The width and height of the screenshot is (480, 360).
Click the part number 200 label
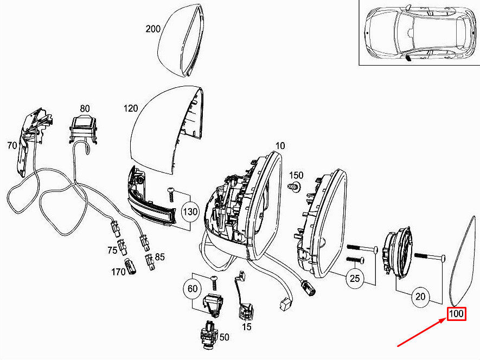[x=153, y=29]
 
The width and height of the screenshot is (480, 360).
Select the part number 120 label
[x=131, y=108]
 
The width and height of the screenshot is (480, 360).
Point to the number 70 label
[x=12, y=145]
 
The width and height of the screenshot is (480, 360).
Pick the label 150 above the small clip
[x=296, y=175]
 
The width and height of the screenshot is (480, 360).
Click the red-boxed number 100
[x=456, y=314]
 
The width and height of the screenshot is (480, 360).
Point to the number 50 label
[x=224, y=337]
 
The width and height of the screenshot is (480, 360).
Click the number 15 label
[x=247, y=327]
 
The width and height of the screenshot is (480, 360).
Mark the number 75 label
[x=112, y=251]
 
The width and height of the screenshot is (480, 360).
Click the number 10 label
[x=280, y=146]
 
